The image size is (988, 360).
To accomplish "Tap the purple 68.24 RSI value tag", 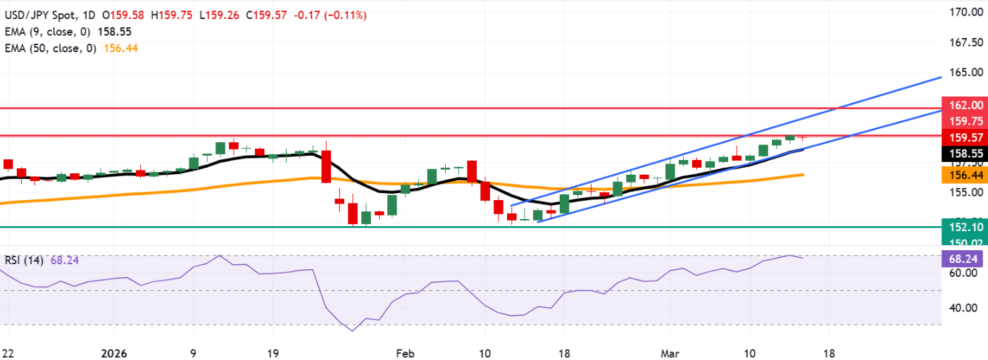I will [963, 259].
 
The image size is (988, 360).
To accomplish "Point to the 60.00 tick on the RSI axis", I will [963, 273].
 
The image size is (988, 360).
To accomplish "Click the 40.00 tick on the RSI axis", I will [963, 308].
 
